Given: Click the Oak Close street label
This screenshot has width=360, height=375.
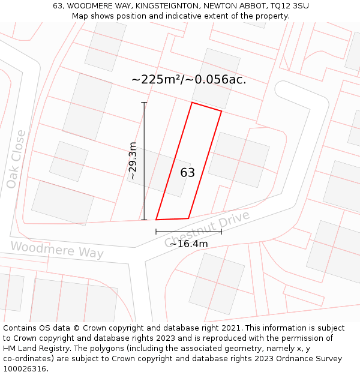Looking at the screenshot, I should pyautogui.click(x=16, y=159).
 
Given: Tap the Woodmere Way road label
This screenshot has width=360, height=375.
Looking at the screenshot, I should pyautogui.click(x=57, y=250).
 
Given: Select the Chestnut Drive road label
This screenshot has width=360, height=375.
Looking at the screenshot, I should pyautogui.click(x=206, y=229).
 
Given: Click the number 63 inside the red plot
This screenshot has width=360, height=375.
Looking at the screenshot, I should pyautogui.click(x=188, y=173).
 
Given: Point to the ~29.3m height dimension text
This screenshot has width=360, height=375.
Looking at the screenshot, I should pyautogui.click(x=133, y=161).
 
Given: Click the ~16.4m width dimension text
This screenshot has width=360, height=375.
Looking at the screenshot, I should pyautogui.click(x=188, y=244).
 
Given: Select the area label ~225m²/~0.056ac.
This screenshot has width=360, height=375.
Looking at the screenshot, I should pyautogui.click(x=188, y=79).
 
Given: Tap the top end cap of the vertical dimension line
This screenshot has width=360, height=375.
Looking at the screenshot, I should pyautogui.click(x=144, y=103).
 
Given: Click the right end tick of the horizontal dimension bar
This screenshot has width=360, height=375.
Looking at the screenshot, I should pyautogui.click(x=221, y=232).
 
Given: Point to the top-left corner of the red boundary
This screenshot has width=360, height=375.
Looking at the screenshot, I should pyautogui.click(x=192, y=103).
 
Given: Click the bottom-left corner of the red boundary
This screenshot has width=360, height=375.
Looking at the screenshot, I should pyautogui.click(x=156, y=220).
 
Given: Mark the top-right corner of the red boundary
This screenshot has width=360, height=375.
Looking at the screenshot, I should pyautogui.click(x=221, y=111).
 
